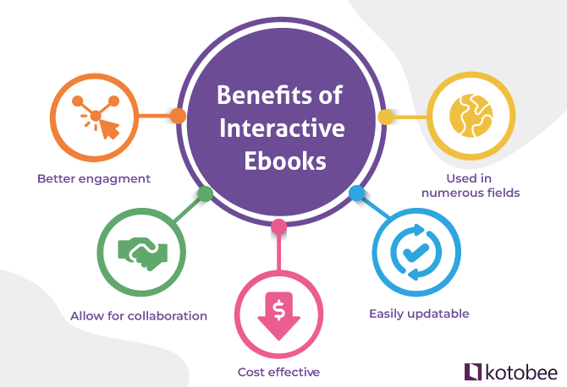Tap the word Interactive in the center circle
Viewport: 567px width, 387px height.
[x=282, y=128]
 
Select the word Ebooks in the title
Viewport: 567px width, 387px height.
[x=281, y=161]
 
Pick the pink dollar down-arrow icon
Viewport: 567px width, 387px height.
[x=278, y=313]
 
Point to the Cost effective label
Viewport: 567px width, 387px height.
[x=278, y=371]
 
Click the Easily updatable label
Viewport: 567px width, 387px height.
[x=419, y=314]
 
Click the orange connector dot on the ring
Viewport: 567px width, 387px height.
[x=178, y=117]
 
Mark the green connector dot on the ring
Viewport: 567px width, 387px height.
[x=205, y=193]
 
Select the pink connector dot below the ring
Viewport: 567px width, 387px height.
[x=278, y=227]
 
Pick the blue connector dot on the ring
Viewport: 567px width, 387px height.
[x=356, y=193]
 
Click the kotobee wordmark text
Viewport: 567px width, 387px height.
[x=520, y=370]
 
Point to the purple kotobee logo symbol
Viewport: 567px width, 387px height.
[x=474, y=370]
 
